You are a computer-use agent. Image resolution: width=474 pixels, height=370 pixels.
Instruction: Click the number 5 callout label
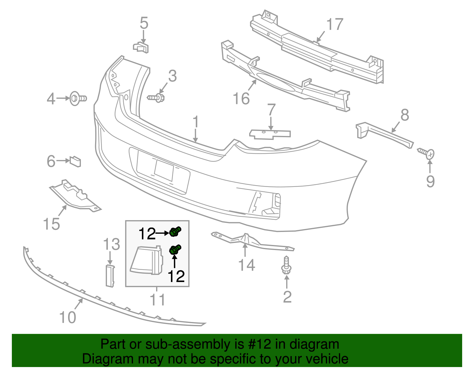coord(144,23)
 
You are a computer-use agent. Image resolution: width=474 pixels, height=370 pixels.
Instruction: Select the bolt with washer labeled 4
coord(78,98)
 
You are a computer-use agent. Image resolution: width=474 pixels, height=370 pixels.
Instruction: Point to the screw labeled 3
coord(156,97)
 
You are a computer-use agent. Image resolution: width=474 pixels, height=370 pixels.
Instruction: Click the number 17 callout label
coord(335,24)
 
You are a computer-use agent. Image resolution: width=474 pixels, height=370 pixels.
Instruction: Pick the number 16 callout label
coord(241,99)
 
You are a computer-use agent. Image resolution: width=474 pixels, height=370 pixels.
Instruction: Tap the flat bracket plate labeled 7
coord(270,134)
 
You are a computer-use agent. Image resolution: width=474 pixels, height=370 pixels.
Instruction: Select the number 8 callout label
coord(405,115)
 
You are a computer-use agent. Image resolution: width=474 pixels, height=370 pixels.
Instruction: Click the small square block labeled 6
coord(75,162)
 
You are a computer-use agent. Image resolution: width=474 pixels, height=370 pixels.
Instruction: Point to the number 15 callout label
coord(52,224)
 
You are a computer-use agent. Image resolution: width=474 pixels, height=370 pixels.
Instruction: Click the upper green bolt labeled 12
coord(175,231)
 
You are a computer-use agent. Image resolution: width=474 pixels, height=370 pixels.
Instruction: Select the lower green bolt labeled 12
coord(175,250)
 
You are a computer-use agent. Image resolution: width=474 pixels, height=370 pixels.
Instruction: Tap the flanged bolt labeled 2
coord(286,267)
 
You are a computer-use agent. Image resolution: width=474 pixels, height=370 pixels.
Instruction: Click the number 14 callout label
coord(246,265)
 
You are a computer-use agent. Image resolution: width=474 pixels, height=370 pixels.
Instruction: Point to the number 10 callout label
coord(68,317)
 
